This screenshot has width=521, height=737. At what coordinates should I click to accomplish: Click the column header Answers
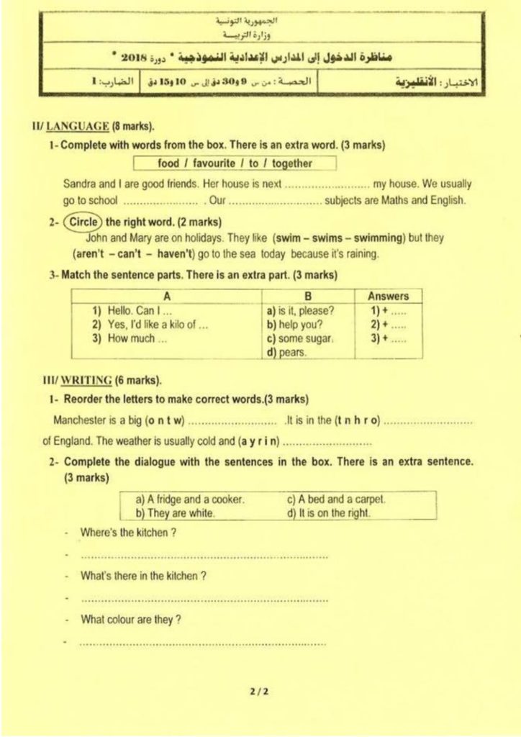click(x=388, y=296)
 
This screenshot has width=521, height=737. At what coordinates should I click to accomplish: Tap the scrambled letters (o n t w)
click(x=165, y=420)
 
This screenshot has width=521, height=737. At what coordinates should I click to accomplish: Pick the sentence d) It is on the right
click(x=329, y=513)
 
